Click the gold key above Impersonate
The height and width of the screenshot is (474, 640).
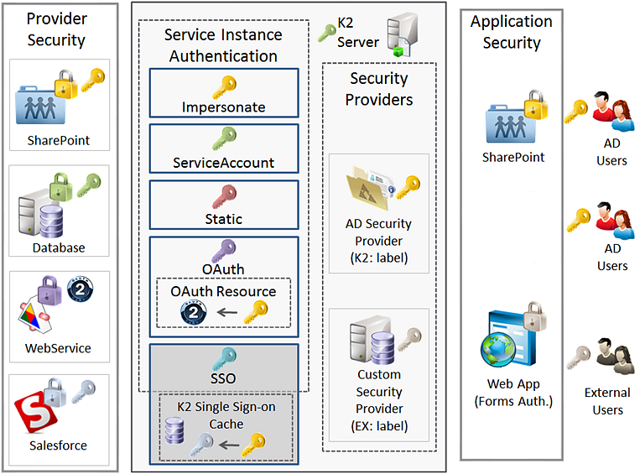point(224,87)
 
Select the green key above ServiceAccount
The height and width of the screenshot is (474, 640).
point(224,138)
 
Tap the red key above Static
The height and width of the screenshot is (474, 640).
point(224,196)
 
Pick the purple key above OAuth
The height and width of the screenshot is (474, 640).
point(224,251)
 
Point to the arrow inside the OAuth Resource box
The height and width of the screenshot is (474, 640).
point(227,313)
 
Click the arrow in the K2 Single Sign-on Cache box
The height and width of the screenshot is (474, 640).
point(228,445)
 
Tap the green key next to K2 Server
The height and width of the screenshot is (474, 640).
point(327,33)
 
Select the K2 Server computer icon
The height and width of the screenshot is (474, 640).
point(403,34)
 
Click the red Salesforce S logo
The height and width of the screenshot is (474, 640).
point(35,413)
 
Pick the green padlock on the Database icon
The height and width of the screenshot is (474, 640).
point(61,186)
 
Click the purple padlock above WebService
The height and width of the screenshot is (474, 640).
point(49,290)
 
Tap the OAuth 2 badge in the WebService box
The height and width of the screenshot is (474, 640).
point(80,289)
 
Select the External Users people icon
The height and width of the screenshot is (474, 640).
point(615,357)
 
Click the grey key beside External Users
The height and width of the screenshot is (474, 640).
point(579,357)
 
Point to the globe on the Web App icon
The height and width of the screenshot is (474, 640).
point(498,349)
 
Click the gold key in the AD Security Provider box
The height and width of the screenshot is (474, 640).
point(408,187)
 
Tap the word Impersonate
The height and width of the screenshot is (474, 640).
point(224,107)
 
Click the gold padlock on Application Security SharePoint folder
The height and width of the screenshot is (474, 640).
point(536,105)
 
